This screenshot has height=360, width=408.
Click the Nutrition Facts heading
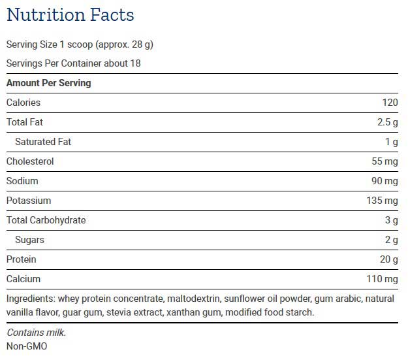[70, 15]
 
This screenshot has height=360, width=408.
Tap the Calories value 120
[390, 103]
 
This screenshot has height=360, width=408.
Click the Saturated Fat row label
[43, 142]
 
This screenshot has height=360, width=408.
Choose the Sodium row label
[22, 181]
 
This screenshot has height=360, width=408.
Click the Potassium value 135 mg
[382, 201]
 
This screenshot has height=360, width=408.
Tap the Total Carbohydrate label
[46, 220]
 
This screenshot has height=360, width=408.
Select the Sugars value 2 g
[391, 240]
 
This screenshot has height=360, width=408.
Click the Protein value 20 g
[388, 259]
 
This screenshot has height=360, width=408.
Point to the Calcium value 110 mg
[382, 279]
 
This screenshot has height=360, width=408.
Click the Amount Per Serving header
[48, 83]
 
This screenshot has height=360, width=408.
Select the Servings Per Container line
[73, 63]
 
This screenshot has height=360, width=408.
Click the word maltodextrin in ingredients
[191, 299]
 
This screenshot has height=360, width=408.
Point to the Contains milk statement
[36, 333]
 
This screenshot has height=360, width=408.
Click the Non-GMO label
[27, 346]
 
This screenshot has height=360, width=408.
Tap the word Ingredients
[29, 299]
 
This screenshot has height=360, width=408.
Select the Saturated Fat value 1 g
[391, 142]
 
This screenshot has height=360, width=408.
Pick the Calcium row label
[23, 279]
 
